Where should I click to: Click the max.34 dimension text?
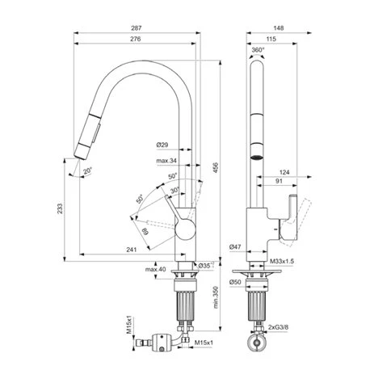[166, 162]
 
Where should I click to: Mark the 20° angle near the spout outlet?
[88, 172]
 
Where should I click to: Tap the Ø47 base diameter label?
[236, 246]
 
